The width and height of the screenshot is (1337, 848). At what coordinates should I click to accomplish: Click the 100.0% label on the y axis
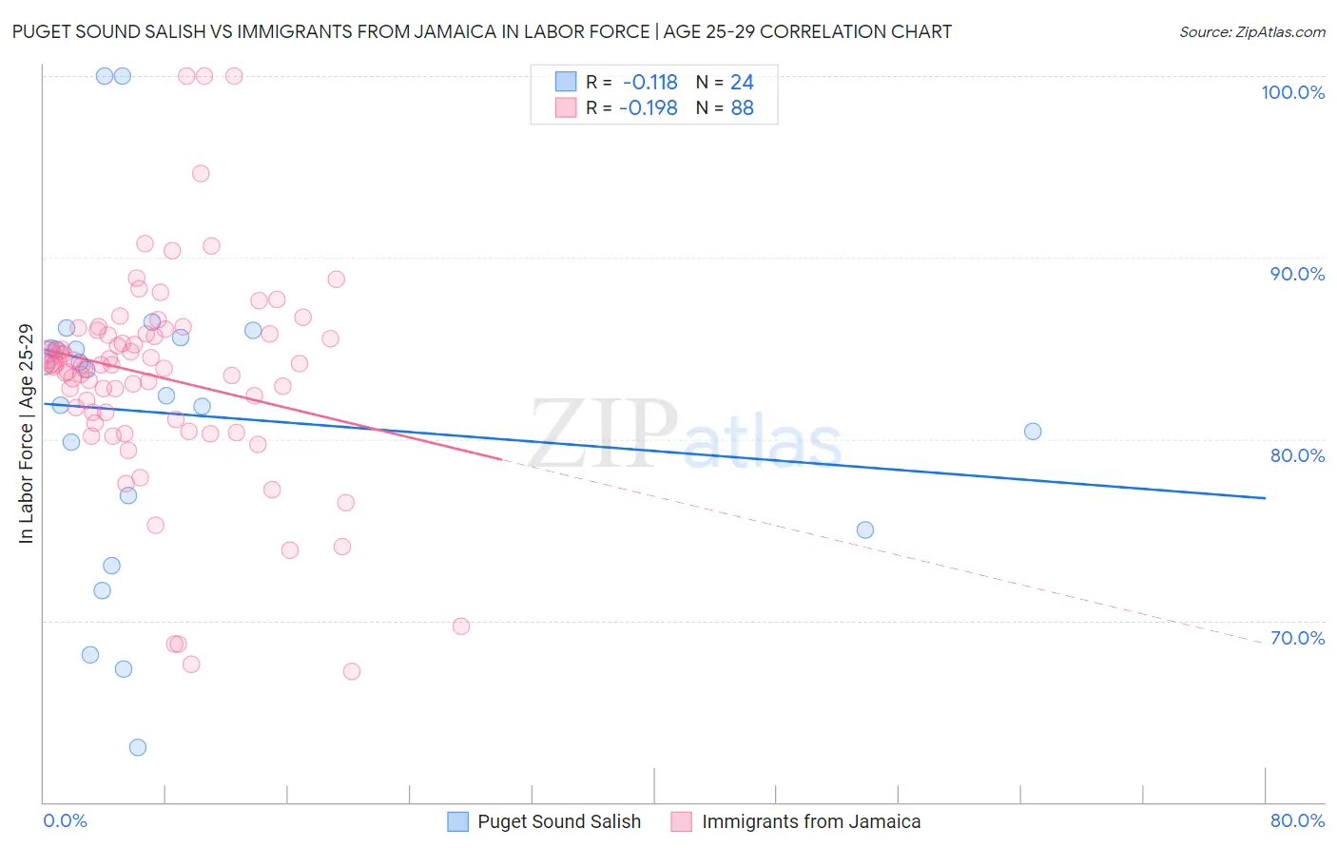1292,92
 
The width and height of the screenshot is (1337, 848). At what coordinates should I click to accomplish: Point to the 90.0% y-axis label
1297,274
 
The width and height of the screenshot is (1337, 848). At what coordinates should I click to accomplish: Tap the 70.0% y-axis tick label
1297,638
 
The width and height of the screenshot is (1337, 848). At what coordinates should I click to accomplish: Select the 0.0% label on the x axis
65,820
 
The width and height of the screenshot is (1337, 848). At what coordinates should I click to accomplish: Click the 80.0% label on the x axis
1297,820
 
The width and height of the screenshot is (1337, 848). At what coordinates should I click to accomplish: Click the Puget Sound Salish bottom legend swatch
457,821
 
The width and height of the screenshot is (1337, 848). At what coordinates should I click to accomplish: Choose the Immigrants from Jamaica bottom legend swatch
681,821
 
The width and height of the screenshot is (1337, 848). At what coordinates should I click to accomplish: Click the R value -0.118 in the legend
649,83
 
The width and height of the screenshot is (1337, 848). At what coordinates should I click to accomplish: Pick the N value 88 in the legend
742,108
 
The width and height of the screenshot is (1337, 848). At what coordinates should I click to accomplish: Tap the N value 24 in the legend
742,83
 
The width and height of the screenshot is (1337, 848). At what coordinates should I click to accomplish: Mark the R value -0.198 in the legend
648,108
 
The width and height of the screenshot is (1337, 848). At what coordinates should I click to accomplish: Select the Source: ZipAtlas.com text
1251,31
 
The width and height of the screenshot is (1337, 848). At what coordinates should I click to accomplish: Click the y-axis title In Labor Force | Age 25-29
26,434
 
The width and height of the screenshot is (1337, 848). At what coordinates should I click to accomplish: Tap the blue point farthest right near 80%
1033,432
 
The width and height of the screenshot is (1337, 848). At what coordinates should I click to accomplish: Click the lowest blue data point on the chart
138,747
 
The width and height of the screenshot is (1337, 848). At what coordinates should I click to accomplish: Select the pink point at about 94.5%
201,173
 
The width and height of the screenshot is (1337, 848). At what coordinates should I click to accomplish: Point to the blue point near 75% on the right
865,530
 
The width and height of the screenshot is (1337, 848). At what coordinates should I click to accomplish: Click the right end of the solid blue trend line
1265,498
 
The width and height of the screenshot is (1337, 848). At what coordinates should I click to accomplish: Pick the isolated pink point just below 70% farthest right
461,626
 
